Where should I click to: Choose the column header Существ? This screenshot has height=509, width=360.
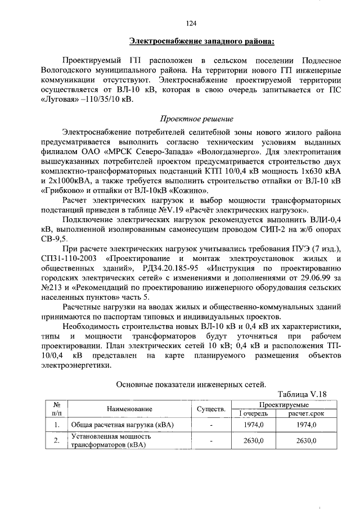coord(211,409)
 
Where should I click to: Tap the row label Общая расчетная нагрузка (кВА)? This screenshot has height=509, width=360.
coord(112,425)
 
